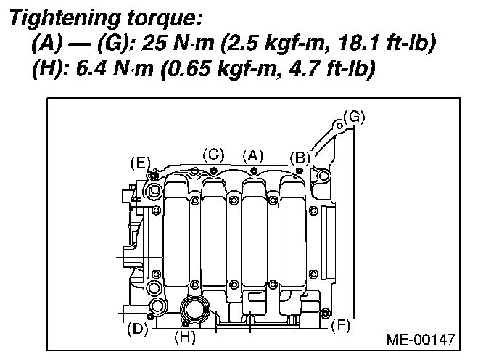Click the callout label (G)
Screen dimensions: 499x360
(354, 117)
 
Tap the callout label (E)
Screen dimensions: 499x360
(140, 163)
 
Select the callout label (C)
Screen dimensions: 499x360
(213, 155)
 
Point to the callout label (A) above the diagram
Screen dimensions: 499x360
(253, 156)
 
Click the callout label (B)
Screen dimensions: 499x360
(300, 158)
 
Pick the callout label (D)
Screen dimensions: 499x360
(138, 329)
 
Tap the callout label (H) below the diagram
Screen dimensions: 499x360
(185, 337)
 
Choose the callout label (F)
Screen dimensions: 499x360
(340, 326)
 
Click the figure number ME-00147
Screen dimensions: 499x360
(421, 340)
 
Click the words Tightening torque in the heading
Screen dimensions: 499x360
(106, 17)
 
